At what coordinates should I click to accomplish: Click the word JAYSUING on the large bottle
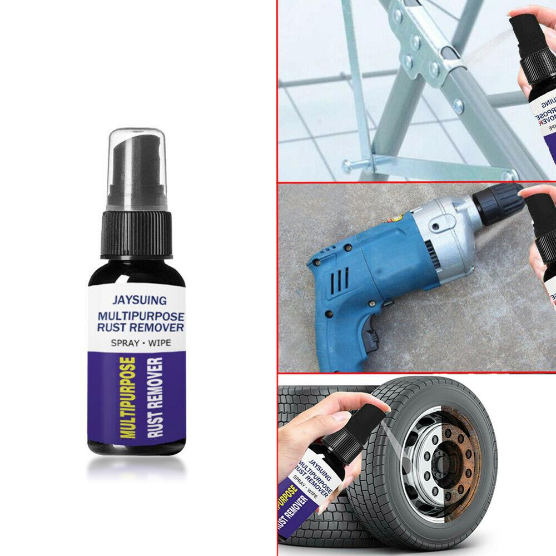click(139, 301)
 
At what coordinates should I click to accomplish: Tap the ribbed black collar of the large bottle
click(136, 234)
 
